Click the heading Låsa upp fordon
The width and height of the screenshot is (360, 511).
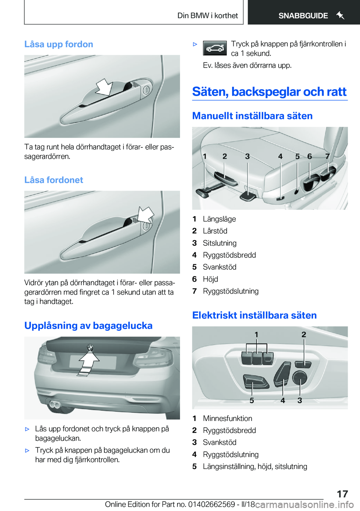pyautogui.click(x=58, y=44)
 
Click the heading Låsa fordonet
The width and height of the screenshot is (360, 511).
pyautogui.click(x=54, y=180)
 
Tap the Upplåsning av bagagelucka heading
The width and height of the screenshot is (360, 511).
pyautogui.click(x=88, y=326)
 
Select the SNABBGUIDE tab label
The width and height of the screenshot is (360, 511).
pyautogui.click(x=303, y=16)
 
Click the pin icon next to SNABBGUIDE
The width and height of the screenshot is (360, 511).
pyautogui.click(x=340, y=15)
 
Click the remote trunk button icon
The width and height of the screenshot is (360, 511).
pyautogui.click(x=215, y=48)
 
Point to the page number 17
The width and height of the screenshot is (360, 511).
pyautogui.click(x=342, y=494)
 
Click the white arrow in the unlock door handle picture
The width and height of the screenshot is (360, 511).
pyautogui.click(x=104, y=87)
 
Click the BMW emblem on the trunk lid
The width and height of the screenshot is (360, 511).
pyautogui.click(x=90, y=348)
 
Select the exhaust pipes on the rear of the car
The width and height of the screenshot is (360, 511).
pyautogui.click(x=55, y=404)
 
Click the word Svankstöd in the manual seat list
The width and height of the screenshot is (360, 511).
pyautogui.click(x=219, y=267)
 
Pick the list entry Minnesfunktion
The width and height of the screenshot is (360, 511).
pyautogui.click(x=227, y=418)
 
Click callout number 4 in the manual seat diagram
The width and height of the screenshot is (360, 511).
pyautogui.click(x=280, y=156)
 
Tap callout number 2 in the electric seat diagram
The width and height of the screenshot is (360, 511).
pyautogui.click(x=304, y=335)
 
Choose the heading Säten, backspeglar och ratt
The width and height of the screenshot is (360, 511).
pyautogui.click(x=269, y=92)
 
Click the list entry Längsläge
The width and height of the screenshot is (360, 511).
pyautogui.click(x=219, y=219)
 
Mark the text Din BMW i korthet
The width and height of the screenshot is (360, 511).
pyautogui.click(x=207, y=16)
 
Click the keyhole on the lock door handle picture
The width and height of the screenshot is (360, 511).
pyautogui.click(x=146, y=226)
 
